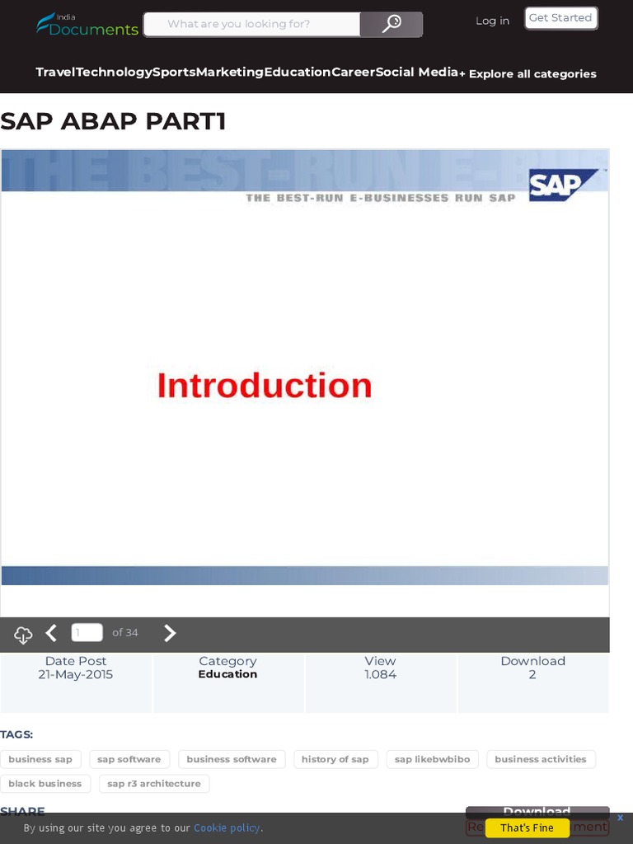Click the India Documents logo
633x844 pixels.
[x=87, y=25]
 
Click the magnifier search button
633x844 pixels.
[x=392, y=24]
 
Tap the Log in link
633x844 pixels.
[x=492, y=21]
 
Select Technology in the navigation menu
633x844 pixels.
[x=114, y=72]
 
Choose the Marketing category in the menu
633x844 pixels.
[x=230, y=72]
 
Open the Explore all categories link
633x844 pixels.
[x=528, y=73]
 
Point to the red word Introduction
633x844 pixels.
[x=265, y=386]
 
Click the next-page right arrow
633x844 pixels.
[x=170, y=633]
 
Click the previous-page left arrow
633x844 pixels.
[x=51, y=633]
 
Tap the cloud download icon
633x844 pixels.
[x=23, y=635]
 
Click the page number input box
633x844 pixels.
[x=87, y=632]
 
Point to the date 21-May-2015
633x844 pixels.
[x=76, y=674]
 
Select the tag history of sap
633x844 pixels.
[x=335, y=759]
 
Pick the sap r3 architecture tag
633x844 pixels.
[x=154, y=784]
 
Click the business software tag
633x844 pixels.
[x=232, y=759]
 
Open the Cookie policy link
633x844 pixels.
[x=227, y=828]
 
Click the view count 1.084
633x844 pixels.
[x=381, y=674]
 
